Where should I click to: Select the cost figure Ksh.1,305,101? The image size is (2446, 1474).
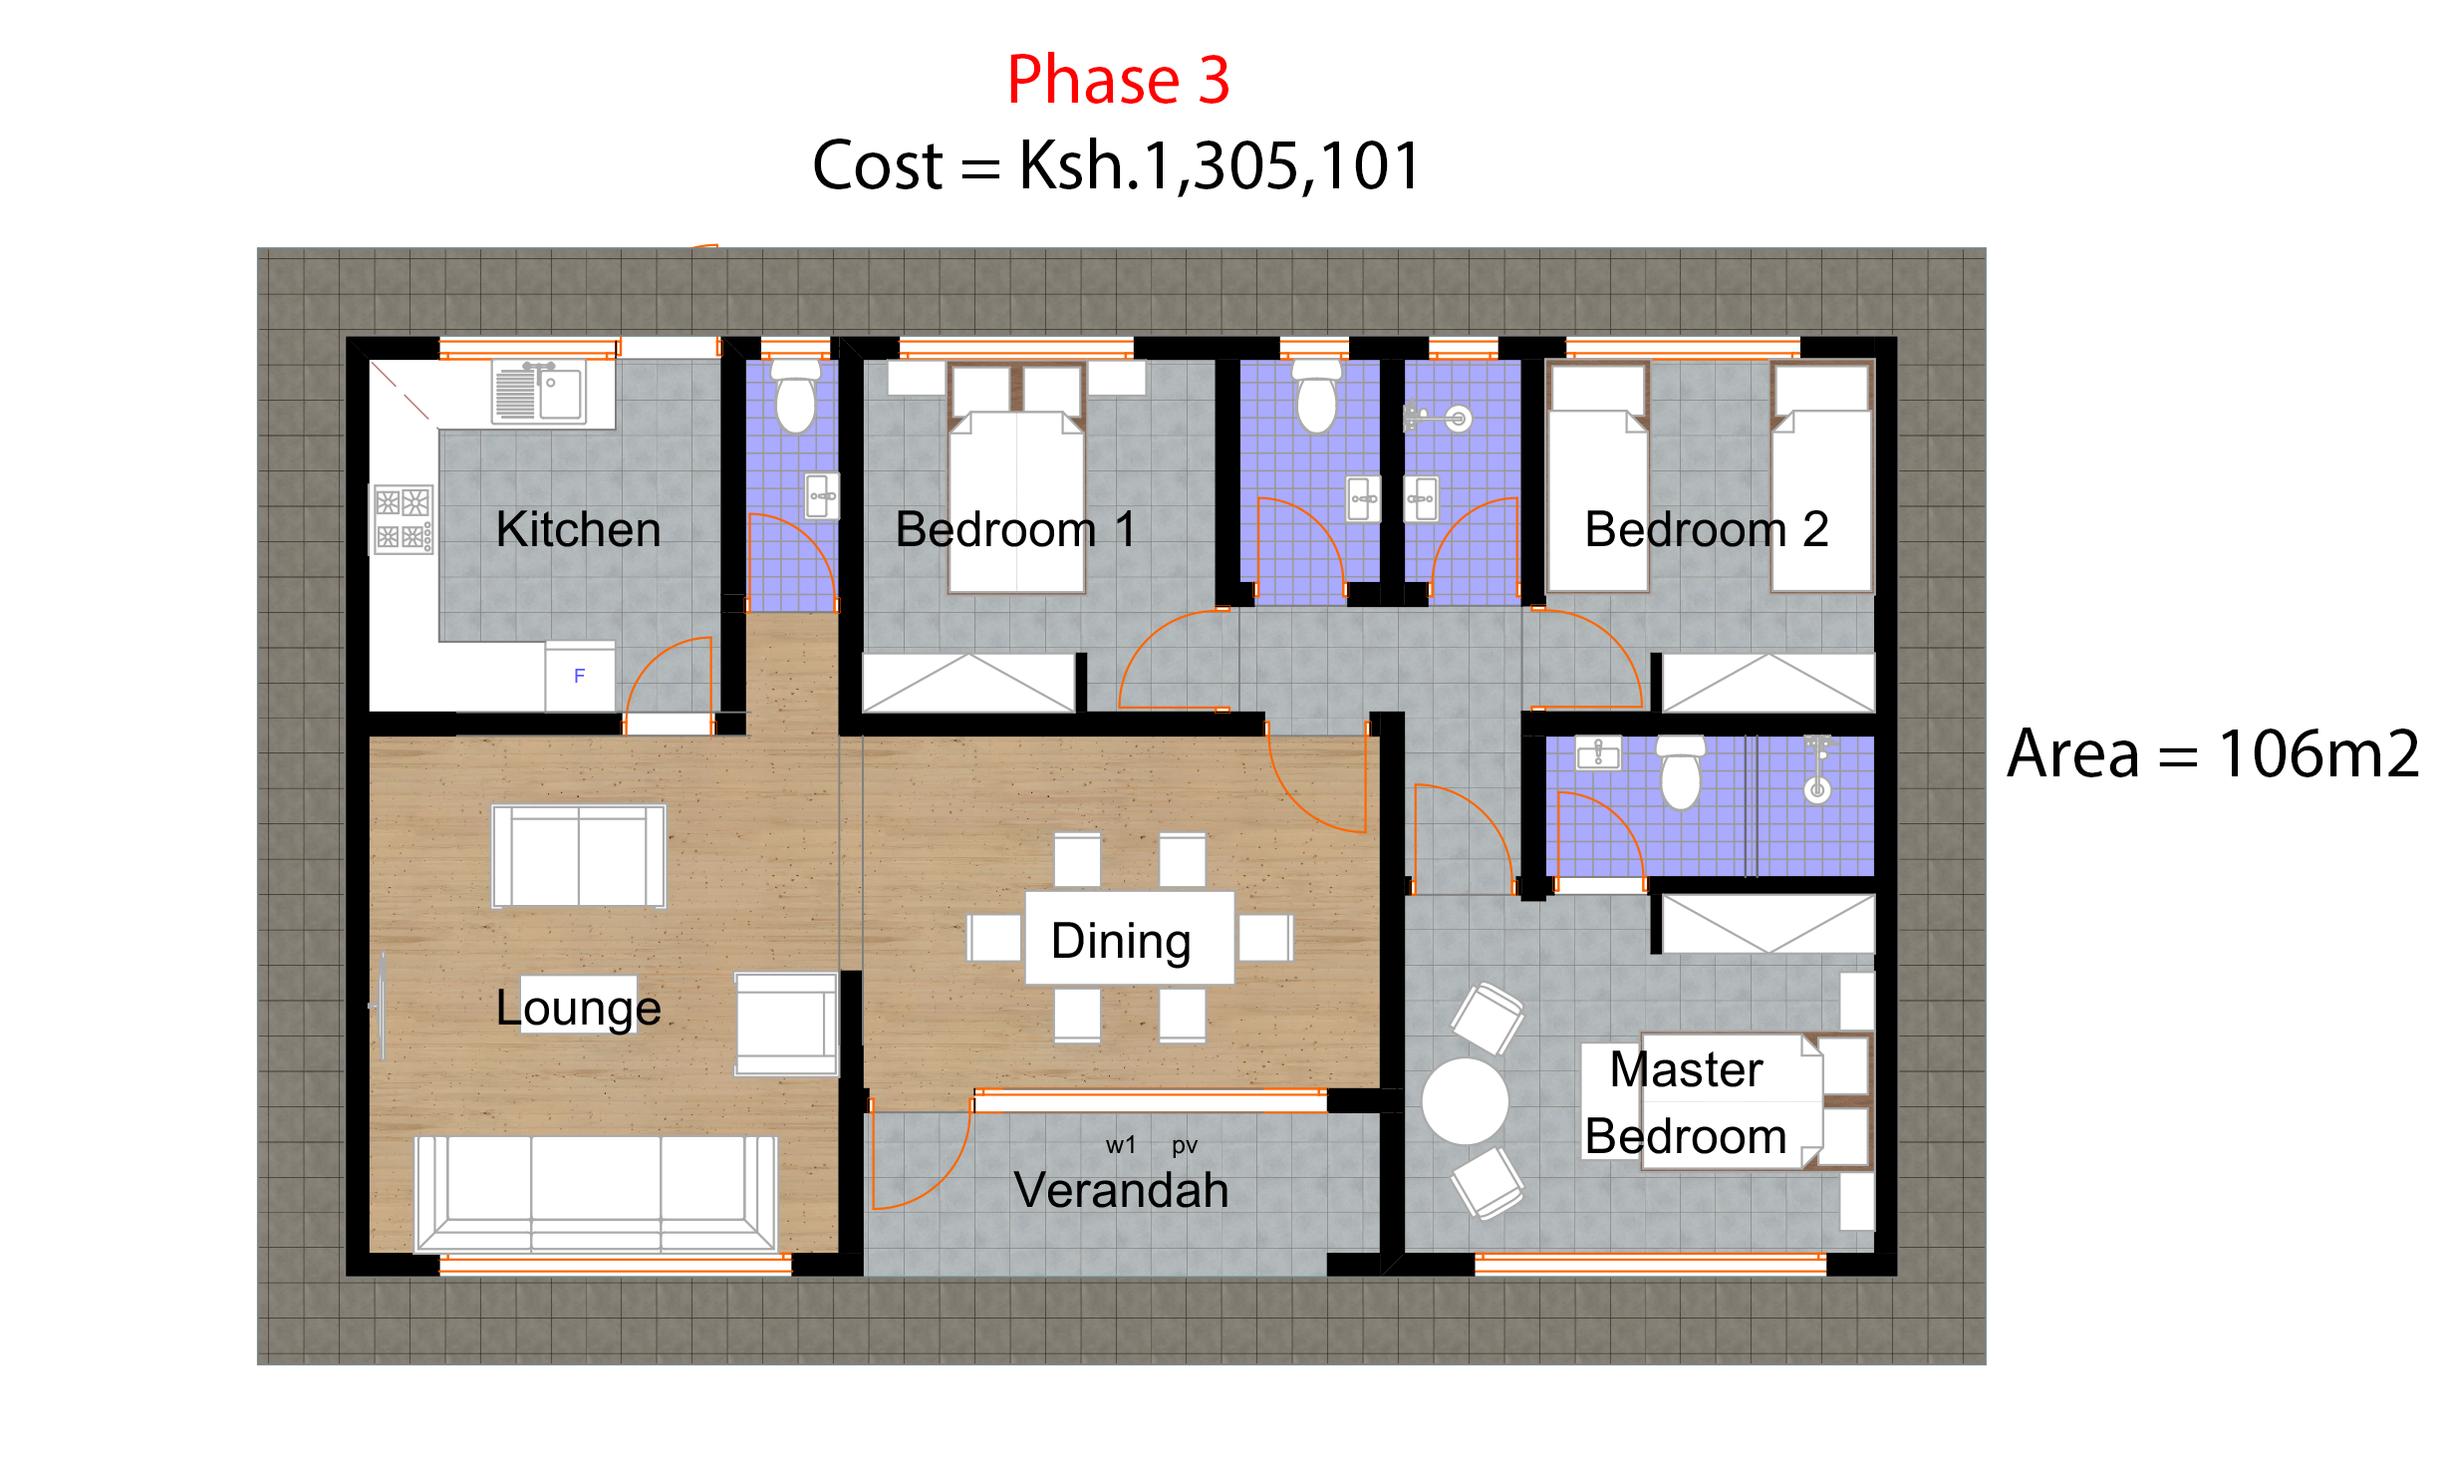click(x=1219, y=166)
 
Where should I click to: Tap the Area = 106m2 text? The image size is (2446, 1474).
click(x=2213, y=754)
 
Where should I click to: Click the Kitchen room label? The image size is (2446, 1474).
click(x=578, y=529)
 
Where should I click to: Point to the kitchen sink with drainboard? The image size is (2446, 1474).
click(x=539, y=393)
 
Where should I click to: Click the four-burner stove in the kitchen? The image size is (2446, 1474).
click(x=403, y=519)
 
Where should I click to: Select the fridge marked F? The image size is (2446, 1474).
click(x=579, y=677)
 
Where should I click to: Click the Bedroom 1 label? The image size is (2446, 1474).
click(x=1014, y=529)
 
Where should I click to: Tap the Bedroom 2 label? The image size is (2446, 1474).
click(x=1706, y=529)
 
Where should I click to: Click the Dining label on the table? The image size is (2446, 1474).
click(x=1121, y=941)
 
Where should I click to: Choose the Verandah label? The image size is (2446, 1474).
click(x=1121, y=1190)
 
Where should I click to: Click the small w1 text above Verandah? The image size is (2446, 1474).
click(x=1120, y=1145)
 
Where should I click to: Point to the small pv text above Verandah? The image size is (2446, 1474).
click(x=1184, y=1145)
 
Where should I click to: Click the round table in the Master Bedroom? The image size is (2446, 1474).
click(x=1465, y=1101)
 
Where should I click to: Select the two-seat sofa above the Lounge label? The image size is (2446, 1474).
click(x=579, y=857)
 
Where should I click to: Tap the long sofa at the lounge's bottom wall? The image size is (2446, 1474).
click(x=596, y=1193)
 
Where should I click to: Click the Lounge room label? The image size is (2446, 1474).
click(x=578, y=1008)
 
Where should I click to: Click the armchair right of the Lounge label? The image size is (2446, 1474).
click(x=786, y=1025)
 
